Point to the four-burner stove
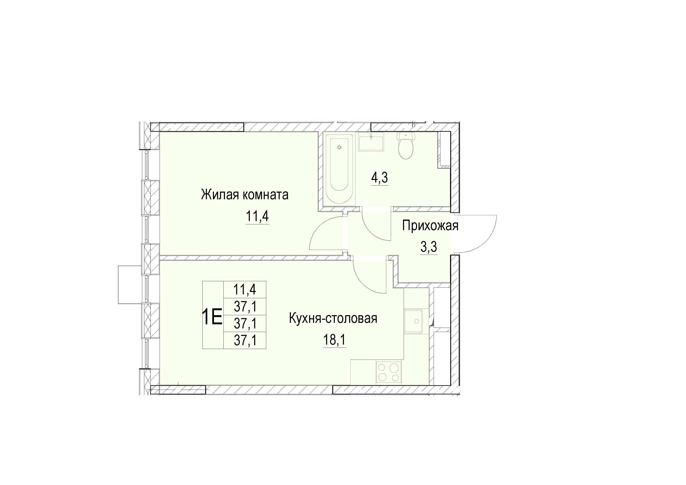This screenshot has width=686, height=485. [x=389, y=372]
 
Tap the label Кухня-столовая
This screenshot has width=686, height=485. [x=333, y=318]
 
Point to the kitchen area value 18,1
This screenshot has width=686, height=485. [x=335, y=340]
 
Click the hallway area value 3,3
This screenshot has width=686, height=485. [x=429, y=247]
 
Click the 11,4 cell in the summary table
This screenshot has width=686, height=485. [x=245, y=289]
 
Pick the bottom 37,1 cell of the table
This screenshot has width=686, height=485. [x=245, y=340]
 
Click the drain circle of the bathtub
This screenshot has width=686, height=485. [x=339, y=147]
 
